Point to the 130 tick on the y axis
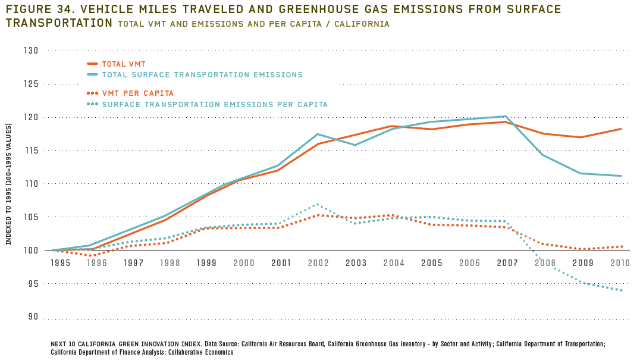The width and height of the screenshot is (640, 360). [x=32, y=51]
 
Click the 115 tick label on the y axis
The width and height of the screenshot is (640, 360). [x=32, y=151]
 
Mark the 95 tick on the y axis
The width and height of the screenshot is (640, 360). [x=32, y=284]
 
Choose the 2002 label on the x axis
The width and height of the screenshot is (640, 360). [x=318, y=262]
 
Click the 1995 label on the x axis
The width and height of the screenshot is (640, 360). [x=60, y=262]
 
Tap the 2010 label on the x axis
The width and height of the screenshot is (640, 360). [x=620, y=262]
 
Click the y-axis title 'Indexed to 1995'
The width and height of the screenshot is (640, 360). [x=9, y=184]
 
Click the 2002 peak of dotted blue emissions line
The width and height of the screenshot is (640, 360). [x=318, y=204]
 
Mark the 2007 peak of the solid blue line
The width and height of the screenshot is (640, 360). [x=506, y=116]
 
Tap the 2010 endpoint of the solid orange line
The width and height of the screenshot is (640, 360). [x=622, y=129]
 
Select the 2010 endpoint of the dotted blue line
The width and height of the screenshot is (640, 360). [x=622, y=290]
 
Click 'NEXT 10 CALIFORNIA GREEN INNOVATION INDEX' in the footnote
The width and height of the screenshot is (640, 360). [x=136, y=344]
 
